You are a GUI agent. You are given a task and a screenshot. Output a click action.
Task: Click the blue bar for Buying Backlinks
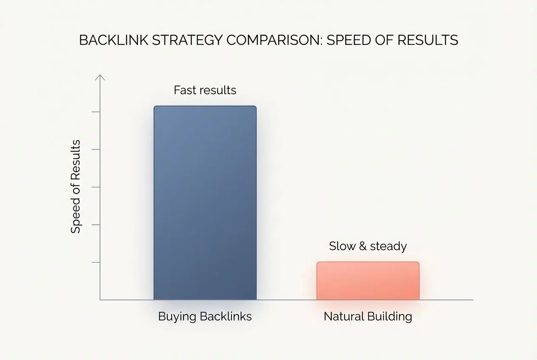(205, 203)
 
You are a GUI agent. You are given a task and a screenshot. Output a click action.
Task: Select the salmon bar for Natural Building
(368, 281)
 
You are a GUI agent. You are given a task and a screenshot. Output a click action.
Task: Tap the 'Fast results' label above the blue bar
(205, 90)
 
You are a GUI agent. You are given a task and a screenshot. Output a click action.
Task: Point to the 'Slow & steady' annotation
(368, 246)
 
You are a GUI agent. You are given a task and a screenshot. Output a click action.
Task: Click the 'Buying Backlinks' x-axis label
(205, 316)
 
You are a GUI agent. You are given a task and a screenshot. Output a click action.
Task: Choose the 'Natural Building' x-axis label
(368, 316)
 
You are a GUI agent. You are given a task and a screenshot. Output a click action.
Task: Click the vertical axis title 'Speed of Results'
(76, 186)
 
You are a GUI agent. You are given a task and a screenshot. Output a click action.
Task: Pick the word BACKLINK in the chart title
(113, 40)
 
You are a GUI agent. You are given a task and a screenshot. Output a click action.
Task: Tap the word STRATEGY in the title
(187, 40)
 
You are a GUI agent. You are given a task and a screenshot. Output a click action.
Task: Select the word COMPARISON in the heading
(274, 40)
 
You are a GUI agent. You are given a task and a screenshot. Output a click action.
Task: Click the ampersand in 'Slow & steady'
(362, 246)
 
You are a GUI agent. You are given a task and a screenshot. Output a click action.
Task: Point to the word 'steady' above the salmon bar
(388, 246)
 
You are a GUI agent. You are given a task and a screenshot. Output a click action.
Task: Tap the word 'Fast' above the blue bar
(184, 90)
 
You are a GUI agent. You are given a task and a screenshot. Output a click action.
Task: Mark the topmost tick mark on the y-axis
(96, 112)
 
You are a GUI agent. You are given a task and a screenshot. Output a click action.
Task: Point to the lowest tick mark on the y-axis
(96, 262)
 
